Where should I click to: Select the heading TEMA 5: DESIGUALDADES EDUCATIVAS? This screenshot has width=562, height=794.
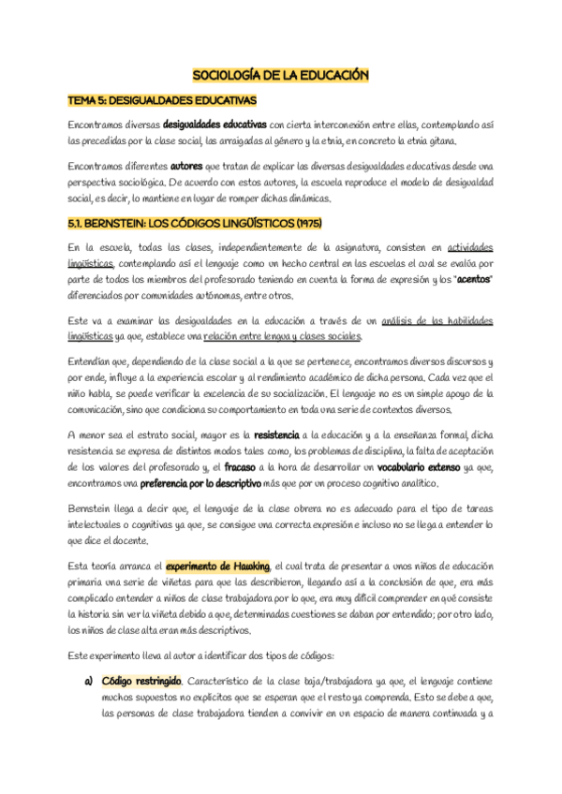(162, 99)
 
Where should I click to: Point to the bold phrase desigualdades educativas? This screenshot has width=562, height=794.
(215, 125)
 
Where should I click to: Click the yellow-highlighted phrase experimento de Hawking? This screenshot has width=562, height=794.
(217, 566)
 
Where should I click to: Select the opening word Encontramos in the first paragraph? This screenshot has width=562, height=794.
(100, 125)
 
